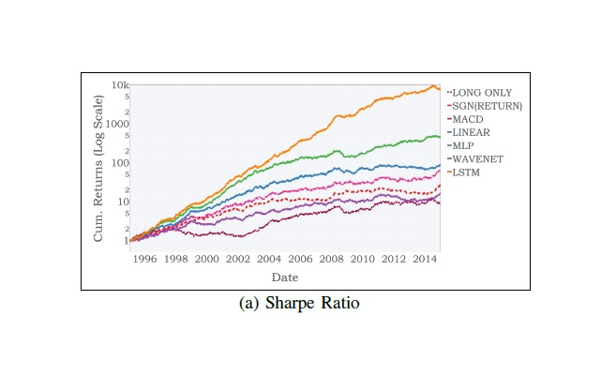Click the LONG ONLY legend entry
click(484, 93)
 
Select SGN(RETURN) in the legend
click(488, 106)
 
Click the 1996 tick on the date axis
click(144, 259)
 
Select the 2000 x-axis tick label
click(206, 259)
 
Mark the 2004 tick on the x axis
click(268, 259)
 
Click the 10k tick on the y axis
click(119, 85)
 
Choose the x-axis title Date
click(285, 277)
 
